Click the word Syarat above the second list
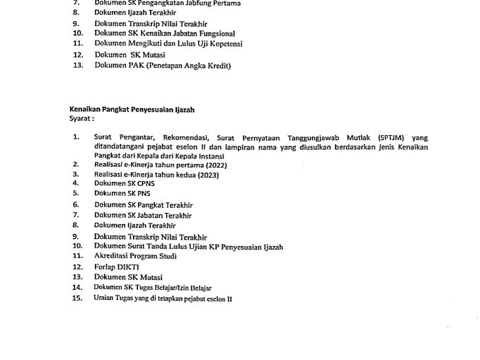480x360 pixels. coord(81,119)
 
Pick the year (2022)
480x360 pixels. coord(213,164)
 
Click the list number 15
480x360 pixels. coord(77,298)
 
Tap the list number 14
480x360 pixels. coord(77,288)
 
